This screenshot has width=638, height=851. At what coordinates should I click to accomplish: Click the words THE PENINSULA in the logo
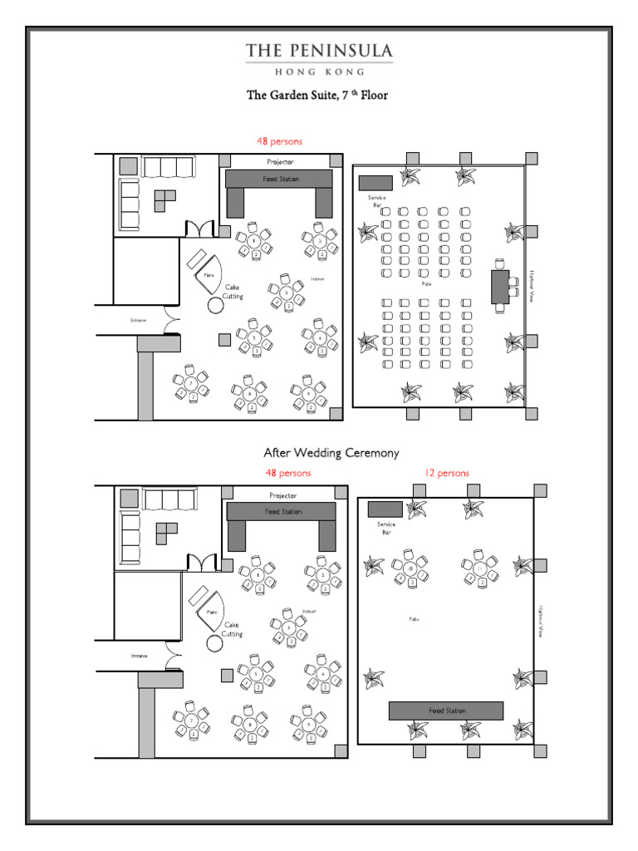319,52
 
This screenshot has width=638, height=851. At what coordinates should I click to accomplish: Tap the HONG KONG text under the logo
319,71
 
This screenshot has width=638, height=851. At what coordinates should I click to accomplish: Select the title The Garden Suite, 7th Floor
317,96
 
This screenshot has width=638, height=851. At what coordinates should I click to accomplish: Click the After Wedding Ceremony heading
331,453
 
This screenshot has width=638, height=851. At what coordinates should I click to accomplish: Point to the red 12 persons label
446,473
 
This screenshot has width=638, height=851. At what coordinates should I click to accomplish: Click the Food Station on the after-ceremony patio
446,711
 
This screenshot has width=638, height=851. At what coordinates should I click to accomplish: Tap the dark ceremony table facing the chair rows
499,287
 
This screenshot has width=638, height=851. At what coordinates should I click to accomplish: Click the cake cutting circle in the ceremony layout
216,304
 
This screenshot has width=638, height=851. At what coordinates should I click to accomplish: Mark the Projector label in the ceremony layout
279,161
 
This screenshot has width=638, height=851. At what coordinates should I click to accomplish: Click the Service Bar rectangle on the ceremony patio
375,183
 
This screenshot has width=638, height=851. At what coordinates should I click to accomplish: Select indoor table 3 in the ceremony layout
287,293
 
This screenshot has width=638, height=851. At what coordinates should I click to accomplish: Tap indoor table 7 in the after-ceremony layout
192,720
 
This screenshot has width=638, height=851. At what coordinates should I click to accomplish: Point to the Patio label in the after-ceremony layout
413,619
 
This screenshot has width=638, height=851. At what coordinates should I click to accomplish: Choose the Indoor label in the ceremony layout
317,278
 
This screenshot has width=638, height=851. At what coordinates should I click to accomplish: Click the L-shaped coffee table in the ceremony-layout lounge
166,197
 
